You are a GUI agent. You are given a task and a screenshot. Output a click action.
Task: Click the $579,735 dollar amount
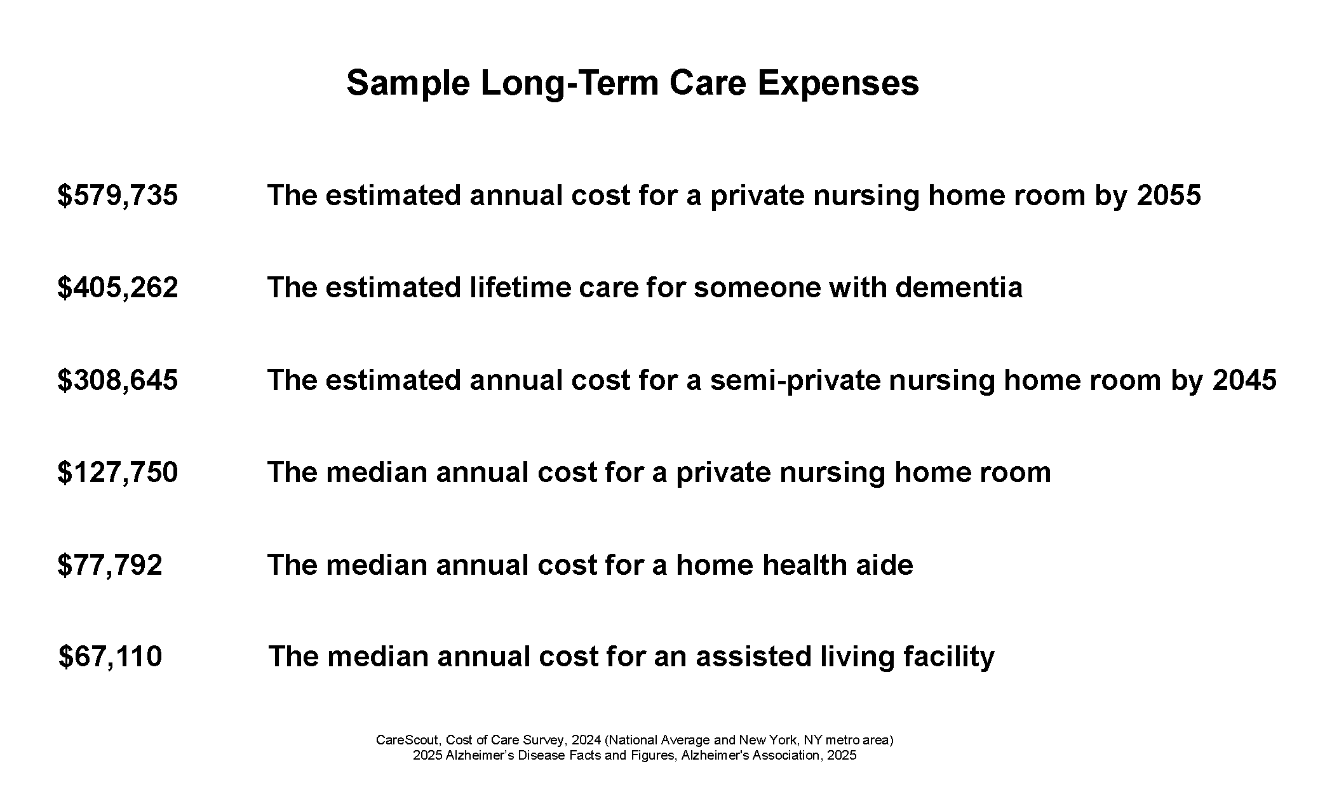click(x=118, y=196)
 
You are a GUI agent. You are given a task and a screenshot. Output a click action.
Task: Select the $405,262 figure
click(x=118, y=288)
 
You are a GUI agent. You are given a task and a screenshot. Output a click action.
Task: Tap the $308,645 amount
click(x=118, y=380)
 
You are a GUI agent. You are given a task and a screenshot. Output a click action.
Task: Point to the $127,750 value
click(x=118, y=473)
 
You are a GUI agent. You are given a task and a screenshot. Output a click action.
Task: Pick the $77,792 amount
click(x=110, y=565)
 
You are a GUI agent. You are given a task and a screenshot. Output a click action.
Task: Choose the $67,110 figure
click(x=111, y=657)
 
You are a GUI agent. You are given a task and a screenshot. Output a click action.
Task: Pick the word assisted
click(x=753, y=657)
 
